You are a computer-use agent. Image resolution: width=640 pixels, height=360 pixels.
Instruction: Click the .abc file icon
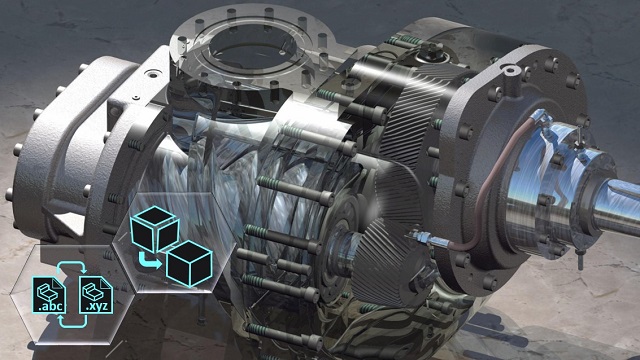(x=49, y=295)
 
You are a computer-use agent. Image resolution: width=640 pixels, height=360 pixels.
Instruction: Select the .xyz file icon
(x=96, y=295)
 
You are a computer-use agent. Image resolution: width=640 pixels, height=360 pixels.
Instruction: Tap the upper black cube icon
(x=155, y=229)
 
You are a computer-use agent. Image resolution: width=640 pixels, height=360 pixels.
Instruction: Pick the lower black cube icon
(x=189, y=263)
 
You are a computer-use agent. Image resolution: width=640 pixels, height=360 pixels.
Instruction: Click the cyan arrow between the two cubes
(x=149, y=261)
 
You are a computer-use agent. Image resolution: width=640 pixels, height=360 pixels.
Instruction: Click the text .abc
(x=49, y=306)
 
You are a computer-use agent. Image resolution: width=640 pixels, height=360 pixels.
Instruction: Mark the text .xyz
(x=96, y=306)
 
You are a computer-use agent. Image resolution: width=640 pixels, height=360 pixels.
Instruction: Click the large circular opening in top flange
(x=252, y=46)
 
